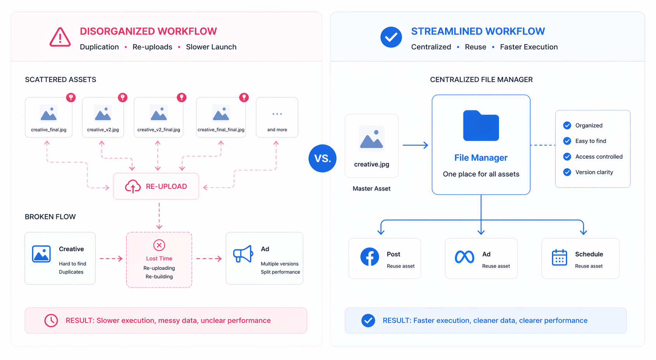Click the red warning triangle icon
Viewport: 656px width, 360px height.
60,38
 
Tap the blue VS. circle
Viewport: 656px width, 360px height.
322,158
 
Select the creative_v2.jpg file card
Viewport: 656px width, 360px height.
103,117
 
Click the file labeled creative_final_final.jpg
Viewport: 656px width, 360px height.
221,117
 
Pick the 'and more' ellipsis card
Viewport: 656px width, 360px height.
277,117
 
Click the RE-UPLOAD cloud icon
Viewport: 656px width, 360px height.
133,186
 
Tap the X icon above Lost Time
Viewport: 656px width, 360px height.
159,245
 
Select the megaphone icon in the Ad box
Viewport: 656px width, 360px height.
243,254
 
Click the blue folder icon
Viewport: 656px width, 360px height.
481,126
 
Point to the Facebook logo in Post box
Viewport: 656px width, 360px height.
370,257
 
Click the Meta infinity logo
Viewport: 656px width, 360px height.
464,257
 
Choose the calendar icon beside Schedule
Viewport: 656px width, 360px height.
559,257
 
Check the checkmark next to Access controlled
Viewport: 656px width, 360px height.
567,157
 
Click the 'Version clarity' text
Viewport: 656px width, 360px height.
594,172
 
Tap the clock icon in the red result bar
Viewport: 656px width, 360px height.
51,320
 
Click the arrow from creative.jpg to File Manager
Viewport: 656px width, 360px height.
415,145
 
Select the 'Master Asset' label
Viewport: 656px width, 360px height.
371,189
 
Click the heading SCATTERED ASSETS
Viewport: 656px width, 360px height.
60,79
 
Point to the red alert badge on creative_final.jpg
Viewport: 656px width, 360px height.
71,97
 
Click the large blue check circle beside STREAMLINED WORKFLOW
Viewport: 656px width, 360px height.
391,37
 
